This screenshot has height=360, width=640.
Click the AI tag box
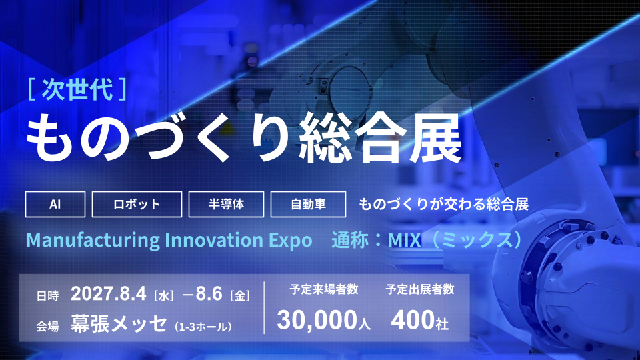[x=55, y=204]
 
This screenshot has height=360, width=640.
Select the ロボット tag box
[x=137, y=204]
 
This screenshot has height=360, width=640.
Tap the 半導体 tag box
[x=226, y=204]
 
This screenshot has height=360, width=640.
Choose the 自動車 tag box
[x=308, y=204]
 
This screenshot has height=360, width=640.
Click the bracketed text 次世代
[x=77, y=89]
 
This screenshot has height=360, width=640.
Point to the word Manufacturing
[x=93, y=240]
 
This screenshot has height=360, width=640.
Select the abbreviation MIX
[x=405, y=240]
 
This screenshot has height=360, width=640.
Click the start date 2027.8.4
[x=109, y=293]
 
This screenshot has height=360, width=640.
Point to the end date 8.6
[x=209, y=293]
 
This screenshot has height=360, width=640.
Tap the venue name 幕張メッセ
[x=119, y=324]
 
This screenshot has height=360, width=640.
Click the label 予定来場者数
[x=324, y=289]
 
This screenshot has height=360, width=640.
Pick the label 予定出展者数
[x=419, y=289]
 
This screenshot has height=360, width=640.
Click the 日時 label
[x=47, y=295]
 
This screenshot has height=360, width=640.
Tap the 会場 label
[x=47, y=327]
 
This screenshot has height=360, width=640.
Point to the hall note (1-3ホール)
[x=203, y=327]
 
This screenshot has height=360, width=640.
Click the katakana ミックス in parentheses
[x=477, y=240]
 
